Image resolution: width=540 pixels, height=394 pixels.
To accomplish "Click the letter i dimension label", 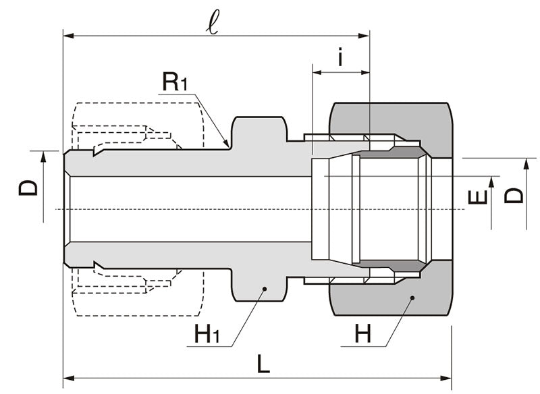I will pyautogui.click(x=341, y=59).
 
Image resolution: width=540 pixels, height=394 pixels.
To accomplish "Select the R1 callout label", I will pyautogui.click(x=175, y=83).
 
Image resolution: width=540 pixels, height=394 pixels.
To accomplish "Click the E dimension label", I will pyautogui.click(x=477, y=197).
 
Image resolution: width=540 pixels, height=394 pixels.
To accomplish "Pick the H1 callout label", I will pyautogui.click(x=206, y=333).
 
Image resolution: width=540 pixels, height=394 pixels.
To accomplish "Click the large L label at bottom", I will pyautogui.click(x=263, y=365).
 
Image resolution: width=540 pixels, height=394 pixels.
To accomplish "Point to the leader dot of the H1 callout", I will pyautogui.click(x=265, y=289).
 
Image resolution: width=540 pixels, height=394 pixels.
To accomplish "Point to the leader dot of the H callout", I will pyautogui.click(x=410, y=297).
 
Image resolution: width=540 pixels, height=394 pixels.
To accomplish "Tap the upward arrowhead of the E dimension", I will pyautogui.click(x=491, y=181).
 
